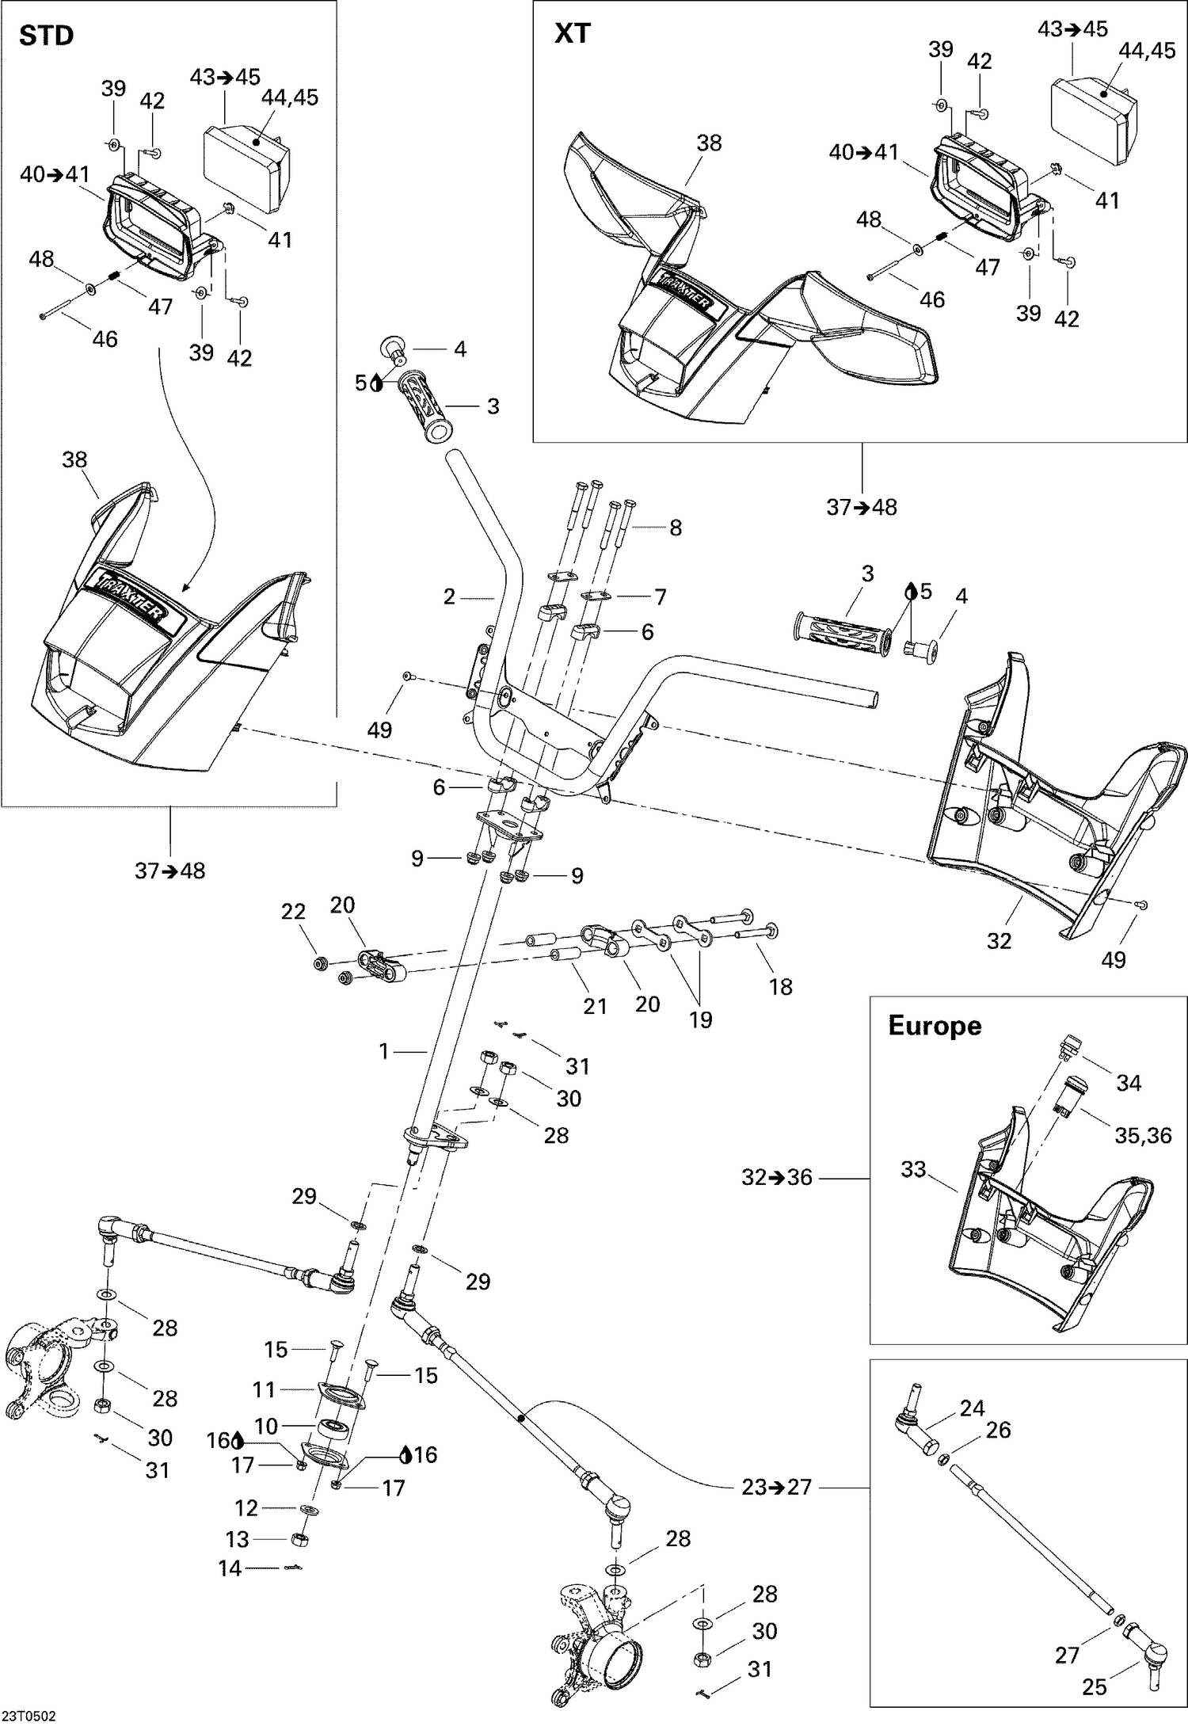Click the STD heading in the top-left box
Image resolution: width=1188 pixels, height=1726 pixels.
[46, 36]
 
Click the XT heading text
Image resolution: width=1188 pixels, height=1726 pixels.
[572, 34]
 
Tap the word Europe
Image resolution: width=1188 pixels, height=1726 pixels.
[935, 1026]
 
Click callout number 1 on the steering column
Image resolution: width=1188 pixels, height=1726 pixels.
[384, 1051]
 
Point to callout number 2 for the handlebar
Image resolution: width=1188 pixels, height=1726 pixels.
[449, 596]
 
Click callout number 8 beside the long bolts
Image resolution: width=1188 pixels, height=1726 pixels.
[675, 528]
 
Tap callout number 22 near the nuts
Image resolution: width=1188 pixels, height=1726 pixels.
[293, 912]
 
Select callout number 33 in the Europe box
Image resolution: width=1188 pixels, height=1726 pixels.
[913, 1169]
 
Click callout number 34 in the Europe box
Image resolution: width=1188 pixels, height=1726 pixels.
[1129, 1083]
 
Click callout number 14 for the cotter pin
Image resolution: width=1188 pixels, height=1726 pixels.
[230, 1568]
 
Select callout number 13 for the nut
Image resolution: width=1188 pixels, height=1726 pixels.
[238, 1539]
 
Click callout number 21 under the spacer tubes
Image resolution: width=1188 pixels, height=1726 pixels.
[595, 1006]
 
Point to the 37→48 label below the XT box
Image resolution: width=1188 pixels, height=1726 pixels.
[862, 507]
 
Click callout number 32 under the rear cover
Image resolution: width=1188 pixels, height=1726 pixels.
[1000, 940]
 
